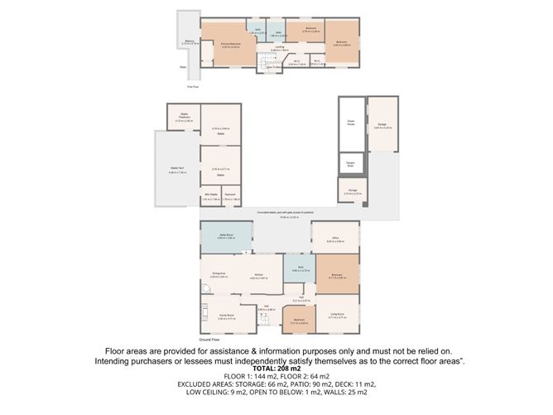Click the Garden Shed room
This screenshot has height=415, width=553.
pos(351,163)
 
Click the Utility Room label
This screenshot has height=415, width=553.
pos(225,234)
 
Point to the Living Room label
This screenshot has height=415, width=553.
pos(338,315)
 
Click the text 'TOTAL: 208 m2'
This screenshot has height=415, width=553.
pos(276,367)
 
